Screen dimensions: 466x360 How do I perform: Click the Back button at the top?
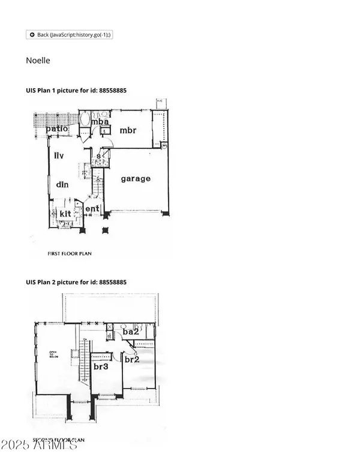pyautogui.click(x=70, y=35)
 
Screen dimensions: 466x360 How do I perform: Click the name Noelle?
pyautogui.click(x=38, y=61)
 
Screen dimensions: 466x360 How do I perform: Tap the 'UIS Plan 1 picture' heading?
pyautogui.click(x=76, y=90)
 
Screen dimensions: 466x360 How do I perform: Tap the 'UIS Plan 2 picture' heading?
pyautogui.click(x=76, y=282)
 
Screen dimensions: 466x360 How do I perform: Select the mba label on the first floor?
pyautogui.click(x=99, y=123)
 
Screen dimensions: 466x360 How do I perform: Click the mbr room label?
pyautogui.click(x=129, y=130)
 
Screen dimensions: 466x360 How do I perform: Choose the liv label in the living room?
pyautogui.click(x=59, y=156)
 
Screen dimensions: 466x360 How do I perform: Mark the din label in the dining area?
pyautogui.click(x=62, y=184)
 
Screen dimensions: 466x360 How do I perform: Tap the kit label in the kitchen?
pyautogui.click(x=65, y=213)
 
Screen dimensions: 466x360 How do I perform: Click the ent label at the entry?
pyautogui.click(x=92, y=209)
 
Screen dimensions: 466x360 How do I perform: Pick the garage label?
pyautogui.click(x=136, y=178)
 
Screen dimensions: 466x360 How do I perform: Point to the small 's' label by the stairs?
pyautogui.click(x=99, y=156)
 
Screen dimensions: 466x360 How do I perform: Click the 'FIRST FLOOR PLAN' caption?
pyautogui.click(x=70, y=254)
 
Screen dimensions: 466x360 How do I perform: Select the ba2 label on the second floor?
pyautogui.click(x=131, y=331)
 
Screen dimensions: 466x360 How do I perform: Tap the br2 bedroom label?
pyautogui.click(x=132, y=359)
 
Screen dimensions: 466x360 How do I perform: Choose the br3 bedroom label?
pyautogui.click(x=100, y=366)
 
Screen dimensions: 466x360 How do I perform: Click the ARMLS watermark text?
pyautogui.click(x=39, y=446)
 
